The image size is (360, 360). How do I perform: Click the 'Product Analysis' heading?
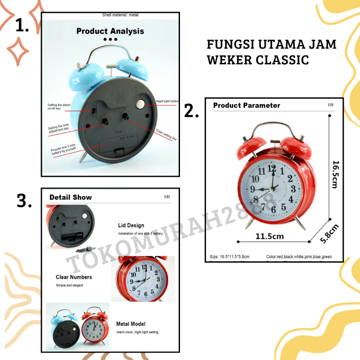pos(110,31)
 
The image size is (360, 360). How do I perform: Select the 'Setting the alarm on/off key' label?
pos(59,107)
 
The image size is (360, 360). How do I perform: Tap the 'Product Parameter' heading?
pos(246,105)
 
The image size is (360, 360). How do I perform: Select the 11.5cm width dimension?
pos(269,236)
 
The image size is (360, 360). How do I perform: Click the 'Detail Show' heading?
pos(70,197)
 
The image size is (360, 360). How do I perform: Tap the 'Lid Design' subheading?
pos(131,225)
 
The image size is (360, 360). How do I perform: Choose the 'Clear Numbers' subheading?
pos(74,277)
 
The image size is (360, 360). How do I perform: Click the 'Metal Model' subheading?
pos(130,324)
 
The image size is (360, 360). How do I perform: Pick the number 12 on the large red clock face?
pos(271,168)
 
